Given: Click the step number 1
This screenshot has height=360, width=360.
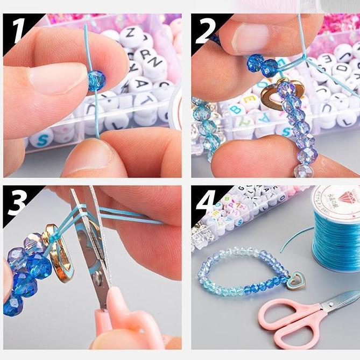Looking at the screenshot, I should tap(18, 31).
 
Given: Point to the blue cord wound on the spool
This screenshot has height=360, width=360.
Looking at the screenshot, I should tap(336, 242).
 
